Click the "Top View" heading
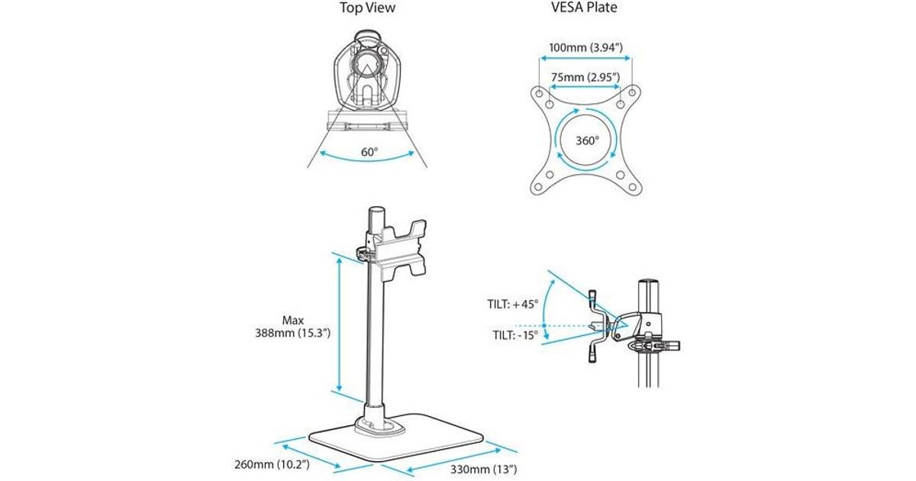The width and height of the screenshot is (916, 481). tap(367, 8)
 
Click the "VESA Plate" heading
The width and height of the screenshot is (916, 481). tap(584, 8)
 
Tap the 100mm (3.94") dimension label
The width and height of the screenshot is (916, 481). tap(585, 47)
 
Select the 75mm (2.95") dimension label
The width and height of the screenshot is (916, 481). tap(585, 77)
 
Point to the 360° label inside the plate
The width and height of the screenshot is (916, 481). tap(587, 140)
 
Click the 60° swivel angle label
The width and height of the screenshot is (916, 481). tap(369, 152)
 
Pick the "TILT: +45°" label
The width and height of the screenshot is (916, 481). tap(513, 305)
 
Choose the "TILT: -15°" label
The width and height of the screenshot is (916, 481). tap(515, 335)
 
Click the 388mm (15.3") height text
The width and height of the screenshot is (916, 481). tap(292, 333)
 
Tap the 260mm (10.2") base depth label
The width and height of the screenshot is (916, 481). tap(272, 464)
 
